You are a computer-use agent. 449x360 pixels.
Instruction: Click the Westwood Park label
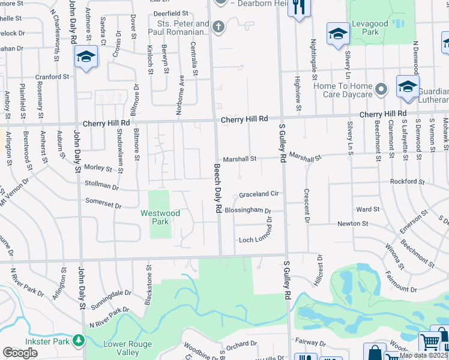click(160, 217)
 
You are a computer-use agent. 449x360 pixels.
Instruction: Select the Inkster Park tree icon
click(77, 341)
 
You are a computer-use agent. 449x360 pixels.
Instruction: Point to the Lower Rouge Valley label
click(127, 348)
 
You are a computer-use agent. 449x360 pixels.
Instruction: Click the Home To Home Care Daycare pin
click(381, 90)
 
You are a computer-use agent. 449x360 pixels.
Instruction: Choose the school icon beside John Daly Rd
click(86, 57)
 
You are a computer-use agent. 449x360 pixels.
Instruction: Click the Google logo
click(20, 353)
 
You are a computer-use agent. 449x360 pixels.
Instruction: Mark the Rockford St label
click(407, 181)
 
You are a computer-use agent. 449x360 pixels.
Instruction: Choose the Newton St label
click(352, 223)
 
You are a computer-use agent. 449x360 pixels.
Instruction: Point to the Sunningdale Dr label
click(110, 298)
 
